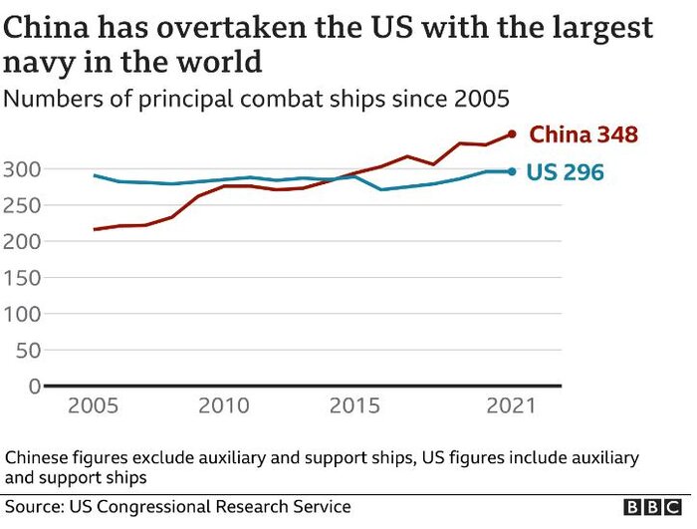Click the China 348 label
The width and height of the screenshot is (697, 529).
582,134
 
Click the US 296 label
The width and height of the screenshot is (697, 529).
565,172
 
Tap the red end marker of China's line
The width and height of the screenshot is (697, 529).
512,134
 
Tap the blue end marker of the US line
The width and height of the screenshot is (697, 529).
512,171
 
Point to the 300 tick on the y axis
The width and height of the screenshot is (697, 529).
21,168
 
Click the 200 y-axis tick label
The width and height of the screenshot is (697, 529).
21,241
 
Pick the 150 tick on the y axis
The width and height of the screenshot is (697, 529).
21,277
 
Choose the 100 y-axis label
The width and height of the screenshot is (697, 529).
21,313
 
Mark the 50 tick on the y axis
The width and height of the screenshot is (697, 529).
27,350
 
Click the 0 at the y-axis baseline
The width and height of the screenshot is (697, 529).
34,386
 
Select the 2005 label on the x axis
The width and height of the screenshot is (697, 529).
94,406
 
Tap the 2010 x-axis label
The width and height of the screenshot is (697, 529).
223,406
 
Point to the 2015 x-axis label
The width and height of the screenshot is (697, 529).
354,406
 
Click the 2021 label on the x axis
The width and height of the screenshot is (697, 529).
511,406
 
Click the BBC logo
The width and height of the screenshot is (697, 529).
653,507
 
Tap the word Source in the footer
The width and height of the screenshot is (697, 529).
33,507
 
